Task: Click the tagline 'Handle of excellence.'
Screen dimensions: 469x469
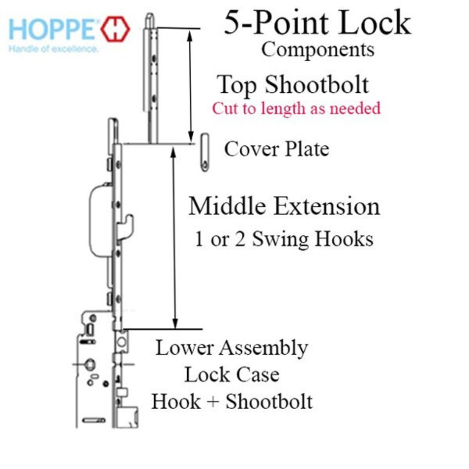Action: [x=53, y=49]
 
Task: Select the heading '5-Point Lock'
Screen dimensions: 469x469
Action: [x=317, y=23]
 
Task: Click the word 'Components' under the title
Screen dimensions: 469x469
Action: [x=317, y=50]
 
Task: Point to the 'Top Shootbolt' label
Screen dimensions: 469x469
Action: [x=293, y=85]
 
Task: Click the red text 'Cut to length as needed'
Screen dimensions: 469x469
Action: [x=296, y=108]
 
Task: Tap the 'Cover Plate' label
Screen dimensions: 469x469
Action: [x=277, y=150]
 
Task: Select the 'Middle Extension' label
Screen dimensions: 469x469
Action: [x=284, y=206]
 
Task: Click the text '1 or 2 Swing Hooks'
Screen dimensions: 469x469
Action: [x=284, y=239]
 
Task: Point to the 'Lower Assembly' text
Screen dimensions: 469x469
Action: [x=231, y=348]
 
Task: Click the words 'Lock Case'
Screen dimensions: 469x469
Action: [x=231, y=375]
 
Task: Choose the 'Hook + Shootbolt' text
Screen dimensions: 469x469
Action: [x=231, y=401]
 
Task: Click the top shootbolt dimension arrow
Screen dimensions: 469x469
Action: [x=190, y=83]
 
